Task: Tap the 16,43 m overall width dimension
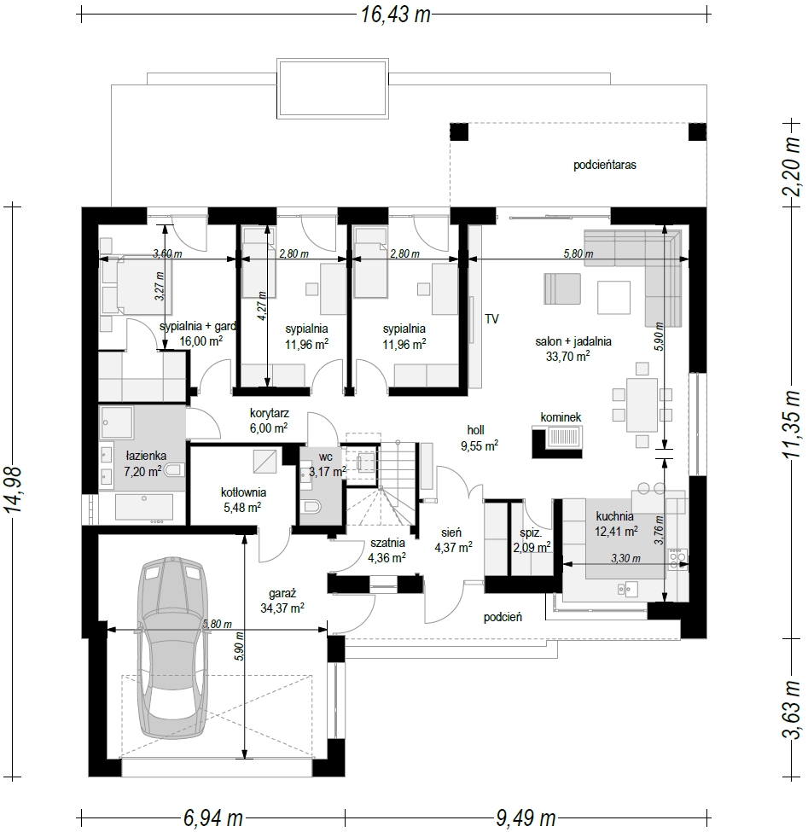pos(395,15)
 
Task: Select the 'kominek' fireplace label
pos(561,417)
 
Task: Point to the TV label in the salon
pos(491,319)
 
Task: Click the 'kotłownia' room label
pos(243,492)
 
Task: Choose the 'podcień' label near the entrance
pos(503,617)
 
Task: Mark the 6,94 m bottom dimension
pos(213,817)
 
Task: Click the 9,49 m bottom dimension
pos(526,817)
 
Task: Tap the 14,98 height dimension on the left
pos(14,489)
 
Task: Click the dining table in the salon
pos(642,404)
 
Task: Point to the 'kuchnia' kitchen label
pos(615,515)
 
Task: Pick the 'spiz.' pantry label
pos(531,532)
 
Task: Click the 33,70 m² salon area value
pos(567,357)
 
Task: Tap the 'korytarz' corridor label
pos(270,413)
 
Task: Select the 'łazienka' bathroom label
pos(146,456)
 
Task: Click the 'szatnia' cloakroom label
pos(388,543)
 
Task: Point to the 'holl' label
pos(475,430)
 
